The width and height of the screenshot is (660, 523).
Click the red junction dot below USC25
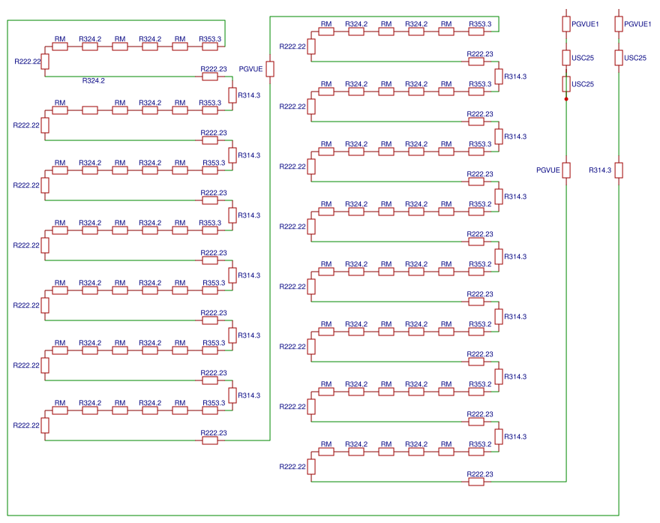click(566, 98)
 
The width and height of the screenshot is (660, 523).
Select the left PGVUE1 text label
click(585, 24)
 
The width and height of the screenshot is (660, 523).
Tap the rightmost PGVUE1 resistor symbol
click(619, 24)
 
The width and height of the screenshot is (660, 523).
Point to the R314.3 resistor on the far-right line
click(619, 170)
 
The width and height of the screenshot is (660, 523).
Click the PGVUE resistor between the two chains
click(270, 69)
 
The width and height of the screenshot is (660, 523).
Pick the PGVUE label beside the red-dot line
click(548, 170)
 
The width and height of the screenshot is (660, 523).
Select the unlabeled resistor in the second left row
click(90, 110)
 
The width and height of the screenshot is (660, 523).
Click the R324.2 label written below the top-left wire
click(94, 80)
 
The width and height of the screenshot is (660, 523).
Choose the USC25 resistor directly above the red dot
click(566, 83)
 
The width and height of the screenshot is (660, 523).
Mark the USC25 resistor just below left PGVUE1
click(566, 58)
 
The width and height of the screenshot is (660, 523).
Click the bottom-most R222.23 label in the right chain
click(480, 474)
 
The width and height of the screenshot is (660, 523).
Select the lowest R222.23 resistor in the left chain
click(210, 440)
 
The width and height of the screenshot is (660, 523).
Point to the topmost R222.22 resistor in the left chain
click(45, 62)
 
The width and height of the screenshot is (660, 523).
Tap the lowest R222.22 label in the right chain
click(292, 467)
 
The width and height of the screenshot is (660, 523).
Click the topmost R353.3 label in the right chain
click(480, 24)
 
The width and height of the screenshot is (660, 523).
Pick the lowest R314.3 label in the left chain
click(249, 395)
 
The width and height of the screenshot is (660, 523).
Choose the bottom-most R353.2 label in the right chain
click(480, 444)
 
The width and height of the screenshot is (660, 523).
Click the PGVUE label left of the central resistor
click(250, 69)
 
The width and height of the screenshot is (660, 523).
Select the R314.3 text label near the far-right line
click(600, 170)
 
